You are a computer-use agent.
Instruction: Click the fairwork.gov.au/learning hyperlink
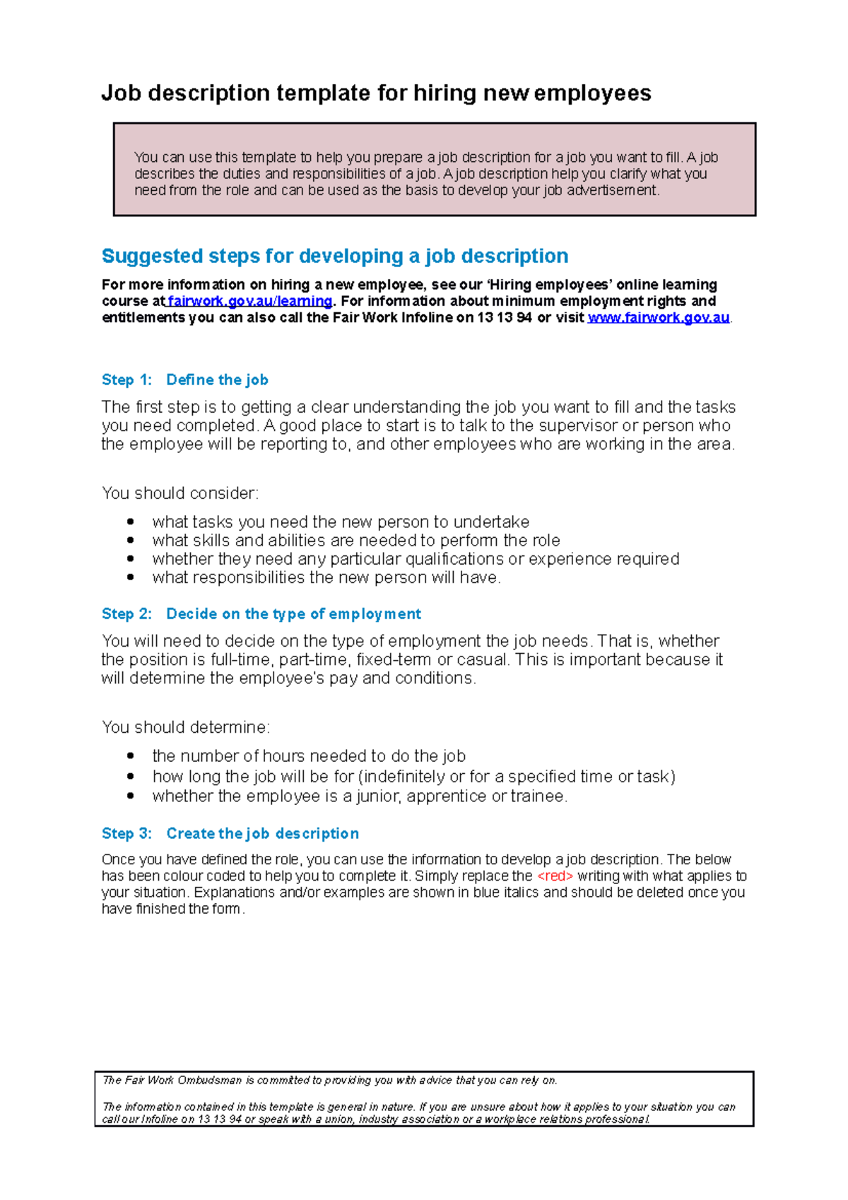(x=249, y=301)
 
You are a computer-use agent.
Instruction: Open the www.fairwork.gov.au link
(x=658, y=317)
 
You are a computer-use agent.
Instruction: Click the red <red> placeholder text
(x=555, y=876)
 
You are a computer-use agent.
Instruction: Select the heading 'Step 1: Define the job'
(x=185, y=380)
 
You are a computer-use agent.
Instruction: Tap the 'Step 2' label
(x=126, y=613)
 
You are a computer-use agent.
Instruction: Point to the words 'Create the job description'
(x=262, y=833)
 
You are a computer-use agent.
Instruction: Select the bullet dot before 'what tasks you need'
(x=130, y=522)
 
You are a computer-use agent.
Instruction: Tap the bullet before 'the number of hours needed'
(x=130, y=755)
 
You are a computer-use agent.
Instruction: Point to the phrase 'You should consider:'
(x=180, y=493)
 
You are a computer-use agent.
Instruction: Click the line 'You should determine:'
(x=186, y=727)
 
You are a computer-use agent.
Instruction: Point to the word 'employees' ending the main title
(x=592, y=93)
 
